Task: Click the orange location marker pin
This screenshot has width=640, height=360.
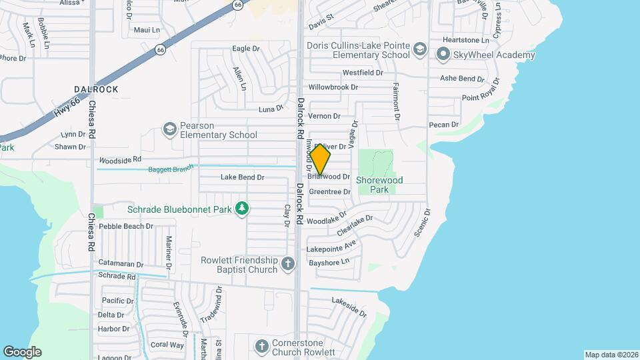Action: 321,159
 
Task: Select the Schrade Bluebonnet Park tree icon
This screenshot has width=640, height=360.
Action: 242,209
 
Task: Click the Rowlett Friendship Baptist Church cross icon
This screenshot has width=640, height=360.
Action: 288,263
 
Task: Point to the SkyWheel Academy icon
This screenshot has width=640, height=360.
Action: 442,53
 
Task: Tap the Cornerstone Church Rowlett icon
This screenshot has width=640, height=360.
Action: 262,346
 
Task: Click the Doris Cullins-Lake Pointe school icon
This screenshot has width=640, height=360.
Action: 420,49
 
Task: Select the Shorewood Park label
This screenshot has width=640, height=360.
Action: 380,185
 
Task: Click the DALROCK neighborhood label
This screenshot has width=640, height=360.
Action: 96,89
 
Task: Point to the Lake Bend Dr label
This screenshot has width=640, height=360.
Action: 243,177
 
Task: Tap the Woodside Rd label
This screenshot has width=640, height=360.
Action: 120,160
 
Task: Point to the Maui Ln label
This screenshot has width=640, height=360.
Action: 147,30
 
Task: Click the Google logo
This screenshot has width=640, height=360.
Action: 22,352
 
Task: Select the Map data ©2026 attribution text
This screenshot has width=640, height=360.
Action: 611,355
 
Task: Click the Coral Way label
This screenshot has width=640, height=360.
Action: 167,345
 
